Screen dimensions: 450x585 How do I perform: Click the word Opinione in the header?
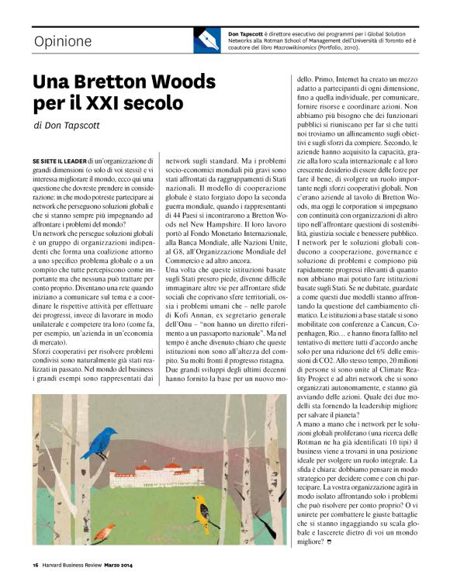[x=62, y=41]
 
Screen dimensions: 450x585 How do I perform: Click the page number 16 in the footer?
[x=36, y=576]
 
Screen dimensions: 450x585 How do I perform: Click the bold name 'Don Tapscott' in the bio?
[x=247, y=34]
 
